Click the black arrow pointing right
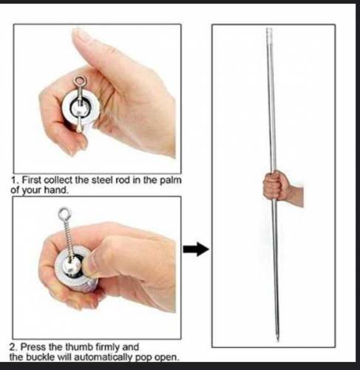pos(195,249)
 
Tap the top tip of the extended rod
pos(269,33)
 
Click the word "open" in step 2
pos(168,356)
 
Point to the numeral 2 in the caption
pos(13,346)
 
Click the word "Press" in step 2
pos(34,346)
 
